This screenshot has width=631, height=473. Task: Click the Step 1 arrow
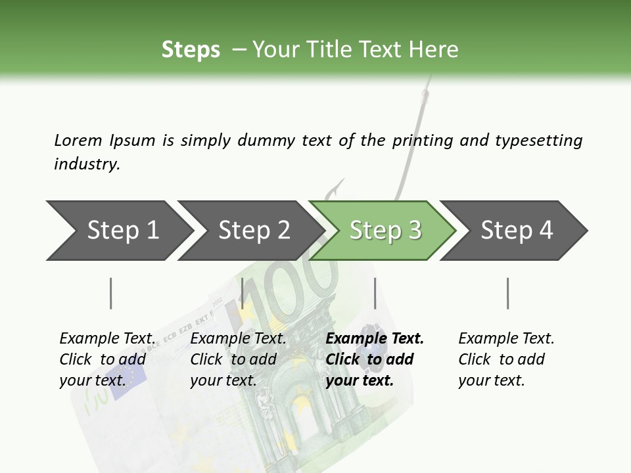click(x=118, y=231)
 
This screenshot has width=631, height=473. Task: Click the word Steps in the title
click(x=191, y=50)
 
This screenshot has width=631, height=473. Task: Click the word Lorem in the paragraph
click(x=78, y=140)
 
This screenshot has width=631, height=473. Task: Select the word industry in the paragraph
click(x=87, y=164)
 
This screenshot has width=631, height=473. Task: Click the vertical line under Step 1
click(x=111, y=293)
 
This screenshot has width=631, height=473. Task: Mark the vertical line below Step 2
click(x=243, y=293)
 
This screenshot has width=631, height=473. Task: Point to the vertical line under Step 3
click(x=375, y=293)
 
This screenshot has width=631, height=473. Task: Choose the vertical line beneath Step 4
click(x=507, y=293)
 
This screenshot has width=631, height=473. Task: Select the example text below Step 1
click(x=106, y=359)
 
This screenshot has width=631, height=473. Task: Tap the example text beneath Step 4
click(x=506, y=359)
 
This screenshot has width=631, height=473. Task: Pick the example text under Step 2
click(x=238, y=359)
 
